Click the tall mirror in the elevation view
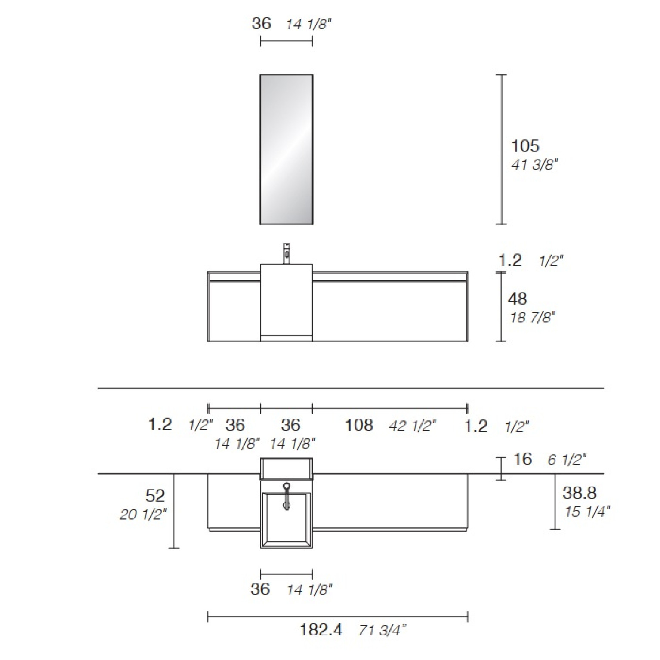pos(287,149)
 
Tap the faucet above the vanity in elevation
pos(286,253)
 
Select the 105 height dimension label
pos(525,146)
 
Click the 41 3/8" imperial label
pos(535,164)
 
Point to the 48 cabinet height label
pos(517,299)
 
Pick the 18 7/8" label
pos(533,318)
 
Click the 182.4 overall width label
pos(321,630)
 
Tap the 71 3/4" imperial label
pos(382,630)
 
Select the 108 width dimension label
pos(359,425)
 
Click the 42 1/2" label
pos(413,426)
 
